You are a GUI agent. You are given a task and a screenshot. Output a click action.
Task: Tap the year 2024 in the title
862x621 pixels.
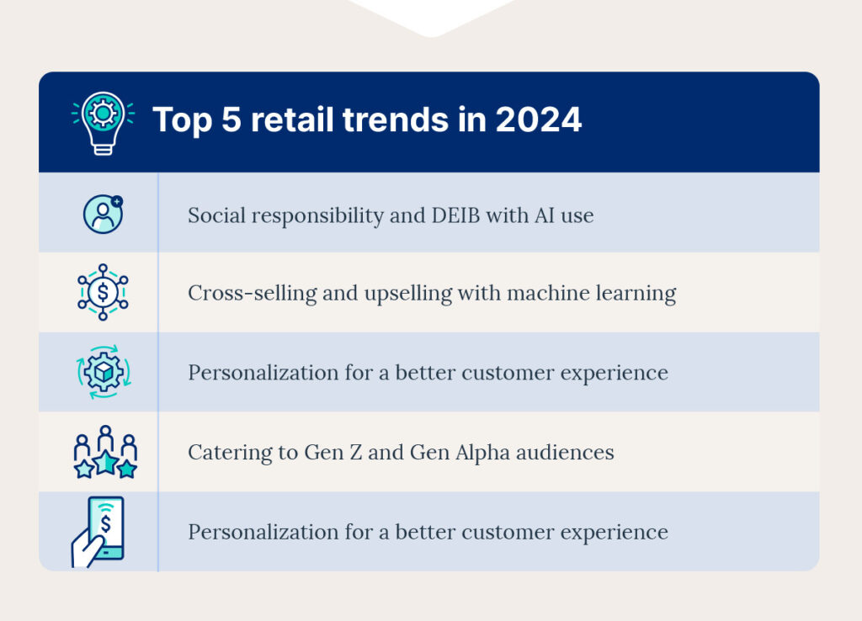(538, 120)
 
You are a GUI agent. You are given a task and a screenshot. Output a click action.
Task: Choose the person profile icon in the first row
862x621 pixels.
(103, 214)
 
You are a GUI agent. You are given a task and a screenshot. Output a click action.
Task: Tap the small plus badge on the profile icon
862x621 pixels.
(116, 202)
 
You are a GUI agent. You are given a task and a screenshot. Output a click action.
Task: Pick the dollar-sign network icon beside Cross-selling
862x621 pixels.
(103, 292)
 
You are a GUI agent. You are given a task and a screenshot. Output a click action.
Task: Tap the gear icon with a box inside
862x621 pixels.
(103, 372)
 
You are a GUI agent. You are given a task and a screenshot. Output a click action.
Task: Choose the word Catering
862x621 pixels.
(223, 453)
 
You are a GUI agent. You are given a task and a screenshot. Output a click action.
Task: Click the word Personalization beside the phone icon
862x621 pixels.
(253, 533)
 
